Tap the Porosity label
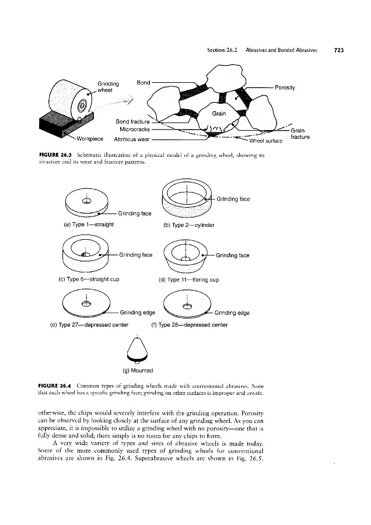tap(285, 88)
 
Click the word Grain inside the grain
tap(219, 113)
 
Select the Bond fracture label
tap(132, 121)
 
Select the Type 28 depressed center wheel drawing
tap(187, 306)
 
